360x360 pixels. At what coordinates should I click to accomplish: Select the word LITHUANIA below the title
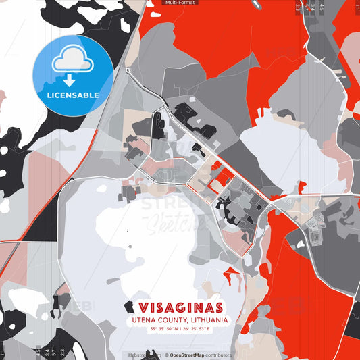pyautogui.click(x=206, y=320)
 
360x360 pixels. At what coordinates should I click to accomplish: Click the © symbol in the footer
pyautogui.click(x=166, y=355)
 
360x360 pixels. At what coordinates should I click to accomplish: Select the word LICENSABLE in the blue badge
pyautogui.click(x=73, y=95)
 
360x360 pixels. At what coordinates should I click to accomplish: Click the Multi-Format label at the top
pyautogui.click(x=180, y=3)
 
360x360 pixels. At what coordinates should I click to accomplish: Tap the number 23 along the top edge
pyautogui.click(x=298, y=7)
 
